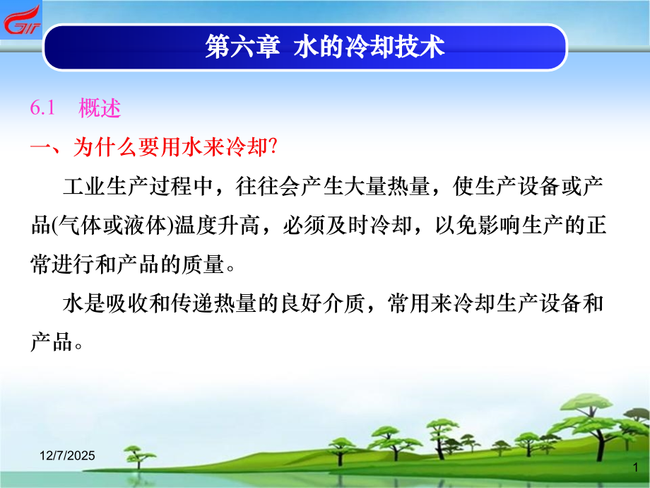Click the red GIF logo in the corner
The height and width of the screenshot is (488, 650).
pyautogui.click(x=21, y=20)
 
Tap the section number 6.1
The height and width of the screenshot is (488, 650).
pyautogui.click(x=42, y=109)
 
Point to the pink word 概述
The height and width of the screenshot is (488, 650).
pyautogui.click(x=100, y=109)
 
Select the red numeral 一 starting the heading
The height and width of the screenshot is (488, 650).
pyautogui.click(x=41, y=148)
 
